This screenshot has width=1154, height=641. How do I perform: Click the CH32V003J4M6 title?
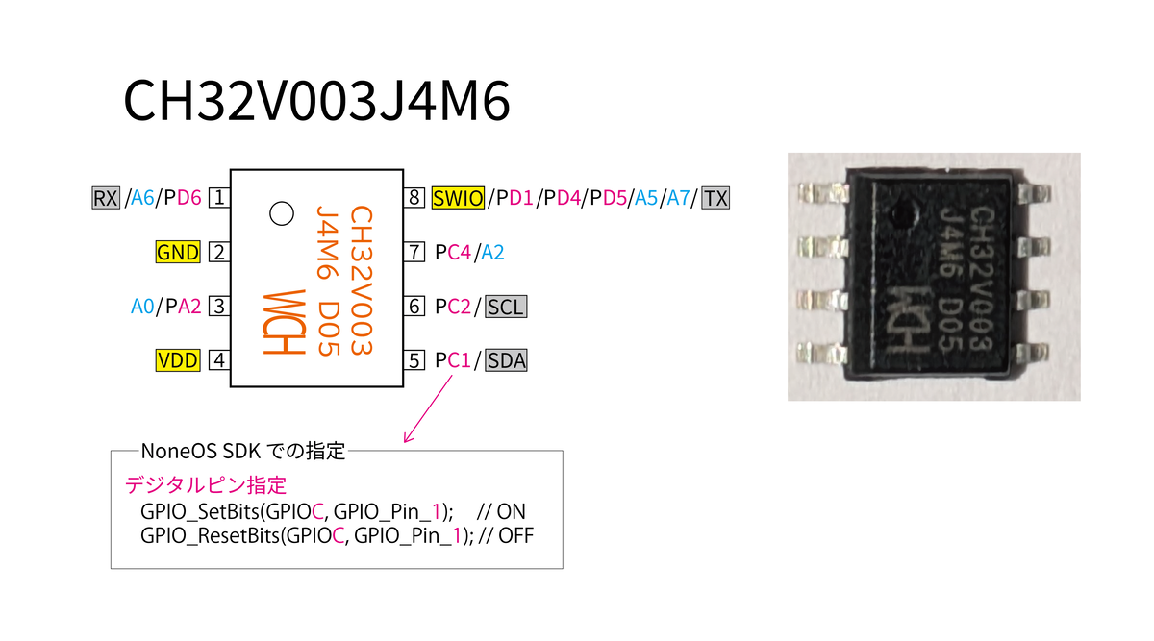(316, 100)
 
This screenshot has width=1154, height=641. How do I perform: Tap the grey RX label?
(106, 198)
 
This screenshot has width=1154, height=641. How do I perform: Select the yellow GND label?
(178, 253)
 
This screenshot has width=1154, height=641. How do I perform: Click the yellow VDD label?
(178, 360)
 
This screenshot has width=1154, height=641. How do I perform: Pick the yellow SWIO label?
(458, 198)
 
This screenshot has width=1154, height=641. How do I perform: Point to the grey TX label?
(715, 198)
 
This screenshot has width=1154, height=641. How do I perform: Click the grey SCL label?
(506, 307)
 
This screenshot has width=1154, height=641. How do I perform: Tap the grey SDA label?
(506, 360)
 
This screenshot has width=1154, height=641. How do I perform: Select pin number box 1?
(219, 198)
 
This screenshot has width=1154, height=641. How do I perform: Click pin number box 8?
(414, 198)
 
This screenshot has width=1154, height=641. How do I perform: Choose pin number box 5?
(414, 360)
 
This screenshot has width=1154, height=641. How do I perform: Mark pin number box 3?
(219, 307)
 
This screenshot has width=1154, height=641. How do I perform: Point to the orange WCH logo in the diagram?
(285, 323)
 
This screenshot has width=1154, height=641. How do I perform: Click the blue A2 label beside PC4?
(492, 253)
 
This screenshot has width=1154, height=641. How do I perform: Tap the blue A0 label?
(142, 307)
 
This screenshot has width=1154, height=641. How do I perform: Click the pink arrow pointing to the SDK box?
(428, 408)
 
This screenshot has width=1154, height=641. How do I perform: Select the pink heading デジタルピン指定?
(206, 485)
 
